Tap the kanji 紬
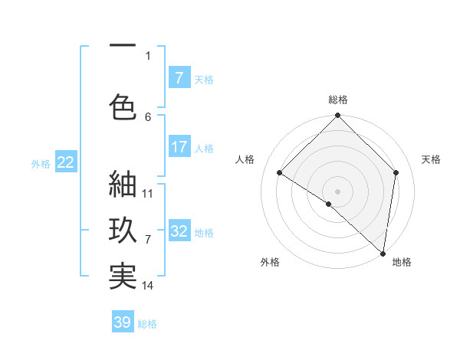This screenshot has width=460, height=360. (123, 185)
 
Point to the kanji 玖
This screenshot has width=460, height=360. (123, 231)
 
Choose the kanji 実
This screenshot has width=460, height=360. (123, 277)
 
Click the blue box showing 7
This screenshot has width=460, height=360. (179, 78)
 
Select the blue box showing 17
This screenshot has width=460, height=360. (179, 147)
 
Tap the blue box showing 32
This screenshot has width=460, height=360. (179, 231)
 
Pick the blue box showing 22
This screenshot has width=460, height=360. (65, 162)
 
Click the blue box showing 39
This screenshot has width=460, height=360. (123, 322)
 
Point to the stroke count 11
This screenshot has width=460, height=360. (148, 194)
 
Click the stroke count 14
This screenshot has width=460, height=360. (148, 286)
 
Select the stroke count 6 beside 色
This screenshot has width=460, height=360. (148, 116)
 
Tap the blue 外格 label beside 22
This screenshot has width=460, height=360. (41, 163)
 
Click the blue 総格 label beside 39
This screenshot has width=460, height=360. (147, 324)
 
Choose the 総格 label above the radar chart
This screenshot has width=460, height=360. (337, 100)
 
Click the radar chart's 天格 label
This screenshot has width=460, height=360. (431, 159)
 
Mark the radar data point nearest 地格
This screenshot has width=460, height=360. (383, 253)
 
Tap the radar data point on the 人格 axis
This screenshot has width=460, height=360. (280, 173)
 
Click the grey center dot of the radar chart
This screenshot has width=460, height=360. (337, 191)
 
